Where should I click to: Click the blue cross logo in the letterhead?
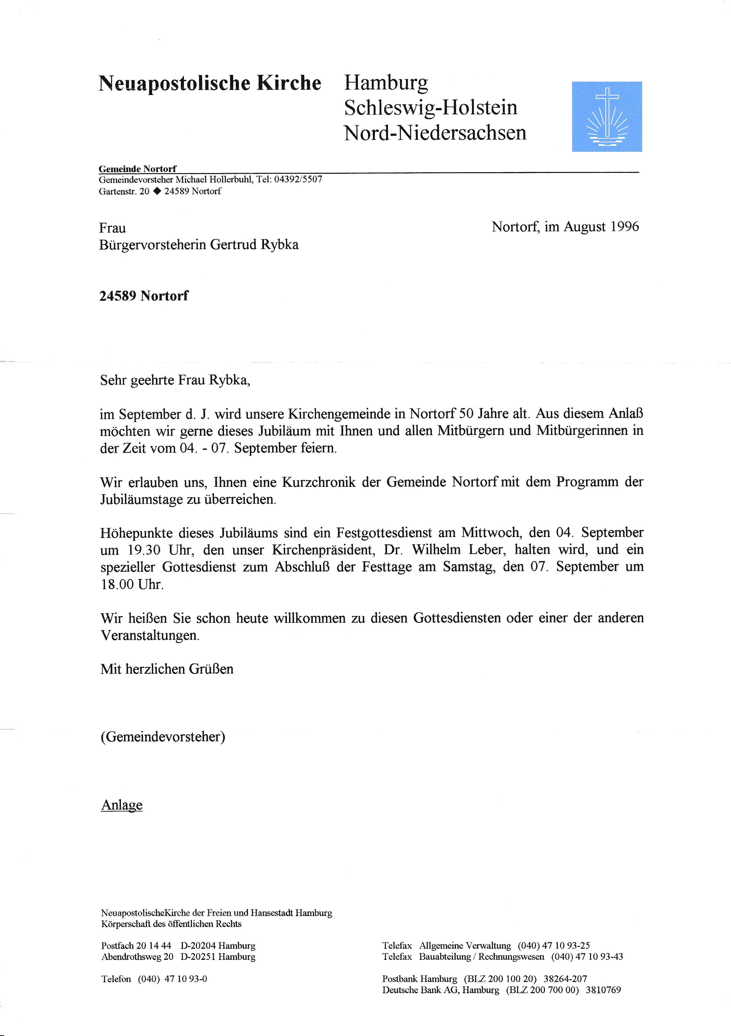tap(607, 116)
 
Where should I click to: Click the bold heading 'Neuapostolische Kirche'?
tap(210, 83)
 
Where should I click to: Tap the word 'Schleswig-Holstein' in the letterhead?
tap(430, 108)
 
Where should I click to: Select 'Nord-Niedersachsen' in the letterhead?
tap(435, 133)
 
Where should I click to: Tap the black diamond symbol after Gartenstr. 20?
tap(157, 191)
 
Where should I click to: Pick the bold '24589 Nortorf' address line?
tap(143, 296)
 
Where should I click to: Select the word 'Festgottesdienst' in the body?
tap(383, 533)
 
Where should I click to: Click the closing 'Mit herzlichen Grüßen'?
tap(167, 669)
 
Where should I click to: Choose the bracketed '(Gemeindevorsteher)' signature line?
tap(163, 737)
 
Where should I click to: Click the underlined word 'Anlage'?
tap(122, 805)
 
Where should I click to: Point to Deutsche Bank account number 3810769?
tap(603, 990)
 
